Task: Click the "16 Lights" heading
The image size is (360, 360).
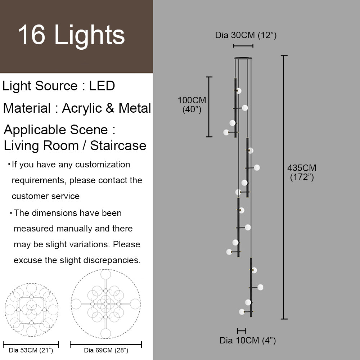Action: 71,35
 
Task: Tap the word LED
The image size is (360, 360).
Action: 102,86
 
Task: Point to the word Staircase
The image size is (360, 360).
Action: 118,145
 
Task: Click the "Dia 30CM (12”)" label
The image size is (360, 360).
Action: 246,35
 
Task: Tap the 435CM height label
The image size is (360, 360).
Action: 302,172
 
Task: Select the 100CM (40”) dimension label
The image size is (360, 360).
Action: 192,105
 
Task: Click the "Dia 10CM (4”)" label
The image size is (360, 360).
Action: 248,340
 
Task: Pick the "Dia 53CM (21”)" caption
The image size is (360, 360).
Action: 31,350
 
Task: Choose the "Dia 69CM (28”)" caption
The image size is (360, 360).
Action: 106,350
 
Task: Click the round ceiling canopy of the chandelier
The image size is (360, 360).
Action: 243,58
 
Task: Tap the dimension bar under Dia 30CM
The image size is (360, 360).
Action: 243,46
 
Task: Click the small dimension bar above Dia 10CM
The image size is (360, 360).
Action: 242,331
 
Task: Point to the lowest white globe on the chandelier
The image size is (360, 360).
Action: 242,312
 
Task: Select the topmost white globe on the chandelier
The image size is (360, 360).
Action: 239,91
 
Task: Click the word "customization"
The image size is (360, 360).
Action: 103,165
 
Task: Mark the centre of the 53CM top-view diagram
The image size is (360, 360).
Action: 31,310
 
